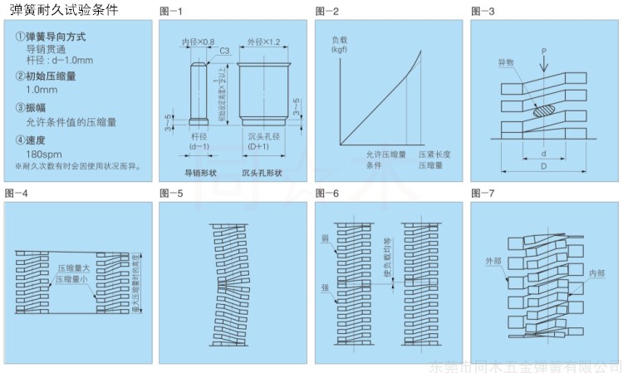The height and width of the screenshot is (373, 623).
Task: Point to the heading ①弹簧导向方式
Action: point(51,37)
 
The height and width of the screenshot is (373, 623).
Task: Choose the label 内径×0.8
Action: point(198,41)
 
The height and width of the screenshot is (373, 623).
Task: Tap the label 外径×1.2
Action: point(262,41)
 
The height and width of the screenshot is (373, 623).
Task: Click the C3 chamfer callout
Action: point(224,52)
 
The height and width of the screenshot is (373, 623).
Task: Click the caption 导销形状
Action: point(199,173)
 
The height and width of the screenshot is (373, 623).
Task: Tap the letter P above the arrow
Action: point(542,51)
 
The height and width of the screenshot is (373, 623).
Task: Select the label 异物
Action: point(506,63)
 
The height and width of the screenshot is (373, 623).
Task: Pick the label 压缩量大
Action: point(73,268)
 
